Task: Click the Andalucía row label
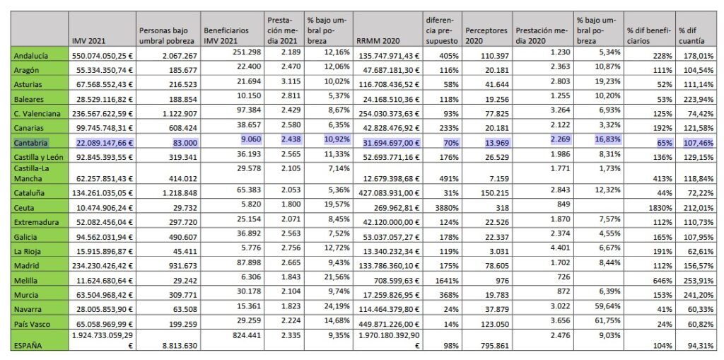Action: point(31,56)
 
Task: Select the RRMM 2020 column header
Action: point(375,40)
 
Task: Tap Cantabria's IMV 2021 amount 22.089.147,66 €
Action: point(103,143)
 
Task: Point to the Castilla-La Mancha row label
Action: point(33,173)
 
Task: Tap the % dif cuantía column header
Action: point(691,35)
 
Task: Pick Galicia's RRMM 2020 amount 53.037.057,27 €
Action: point(388,237)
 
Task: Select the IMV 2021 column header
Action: point(86,40)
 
